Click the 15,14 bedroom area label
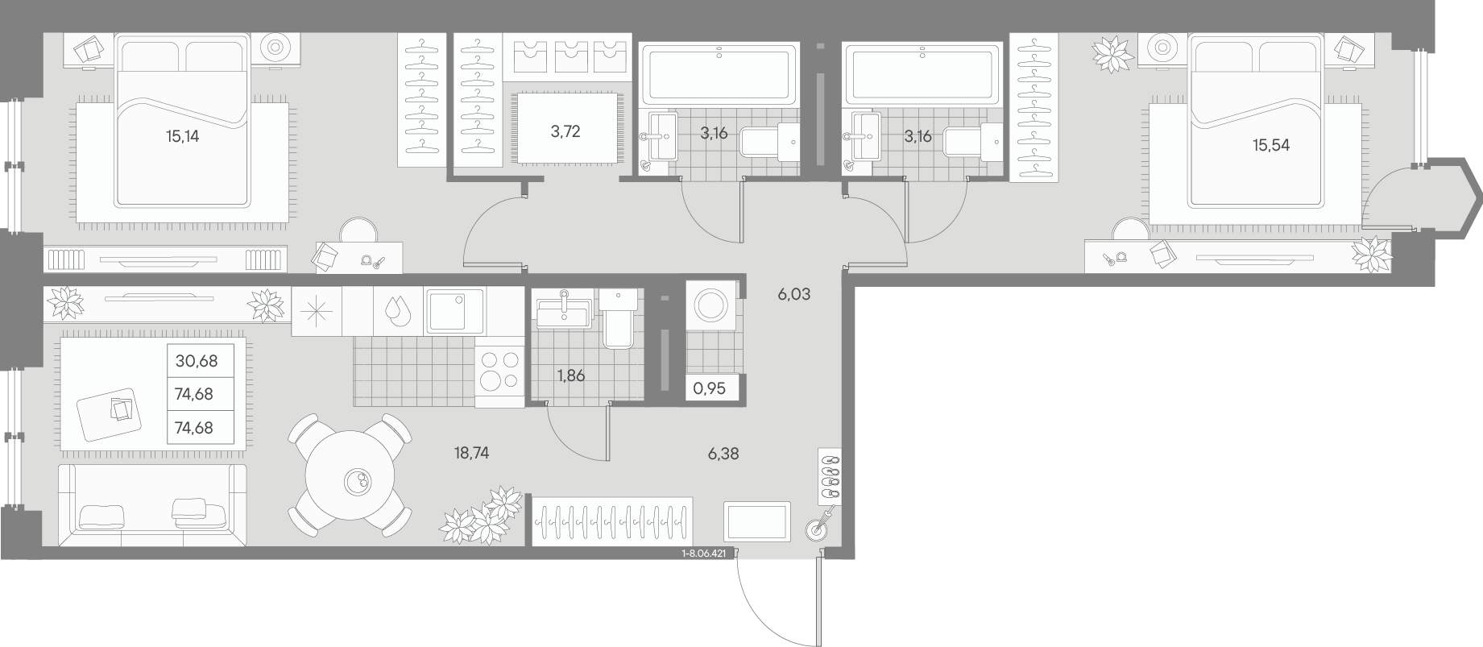[183, 136]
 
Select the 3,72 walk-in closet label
[565, 131]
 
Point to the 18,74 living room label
[471, 454]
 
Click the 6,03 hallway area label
[793, 295]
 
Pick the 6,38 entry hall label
[723, 454]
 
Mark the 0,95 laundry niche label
[710, 388]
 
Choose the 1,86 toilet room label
[570, 375]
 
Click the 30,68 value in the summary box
[196, 361]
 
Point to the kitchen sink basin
[454, 311]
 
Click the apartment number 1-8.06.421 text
[704, 554]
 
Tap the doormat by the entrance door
[757, 521]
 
